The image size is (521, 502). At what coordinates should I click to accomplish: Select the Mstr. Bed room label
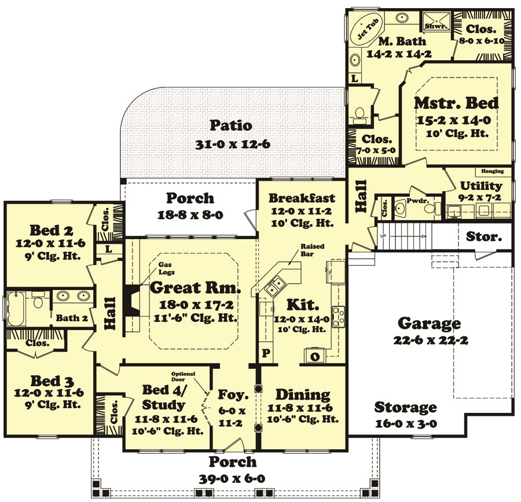[x=456, y=103]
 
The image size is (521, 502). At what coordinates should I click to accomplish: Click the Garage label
[x=430, y=323]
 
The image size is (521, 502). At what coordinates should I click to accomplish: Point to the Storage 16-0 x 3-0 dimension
[x=405, y=423]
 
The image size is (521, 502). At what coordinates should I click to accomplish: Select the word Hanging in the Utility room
[x=493, y=171]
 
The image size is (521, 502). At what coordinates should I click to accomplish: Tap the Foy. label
[x=233, y=395]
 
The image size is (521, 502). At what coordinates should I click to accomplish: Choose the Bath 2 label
[x=72, y=317]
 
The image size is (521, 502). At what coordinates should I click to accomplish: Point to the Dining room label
[x=303, y=395]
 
